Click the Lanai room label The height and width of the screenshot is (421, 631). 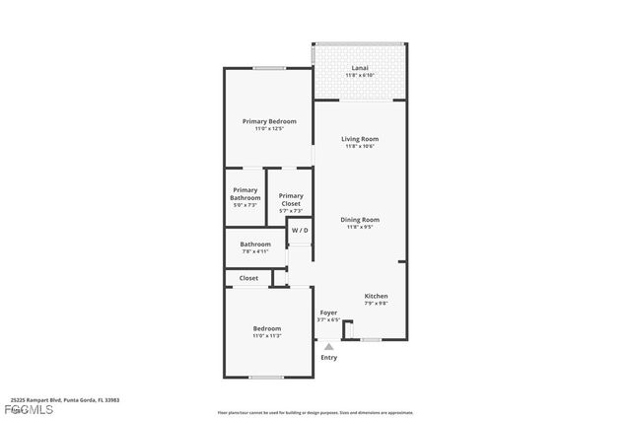coord(359,68)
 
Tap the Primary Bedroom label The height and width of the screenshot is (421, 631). coord(269,121)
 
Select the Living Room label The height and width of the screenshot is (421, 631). coord(360,139)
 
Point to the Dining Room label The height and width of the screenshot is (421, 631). coord(360,220)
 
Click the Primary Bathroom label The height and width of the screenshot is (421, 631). coord(245,193)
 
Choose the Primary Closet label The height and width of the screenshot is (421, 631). coord(291,200)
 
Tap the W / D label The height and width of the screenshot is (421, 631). coord(300,231)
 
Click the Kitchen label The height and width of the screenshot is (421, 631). coord(376,296)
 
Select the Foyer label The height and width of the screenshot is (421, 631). coord(328,313)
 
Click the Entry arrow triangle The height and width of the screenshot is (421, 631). coord(328,346)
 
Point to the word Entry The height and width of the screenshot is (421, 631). coord(328,357)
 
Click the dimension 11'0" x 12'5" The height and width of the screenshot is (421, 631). coord(269,129)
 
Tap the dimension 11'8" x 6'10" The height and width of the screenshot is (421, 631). coord(359,76)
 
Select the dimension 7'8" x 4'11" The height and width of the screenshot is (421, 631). coord(255,251)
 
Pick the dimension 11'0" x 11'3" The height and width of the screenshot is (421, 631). coord(266,336)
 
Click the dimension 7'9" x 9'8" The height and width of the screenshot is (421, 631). coord(376,304)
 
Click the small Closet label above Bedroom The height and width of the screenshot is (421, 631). coord(248,278)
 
